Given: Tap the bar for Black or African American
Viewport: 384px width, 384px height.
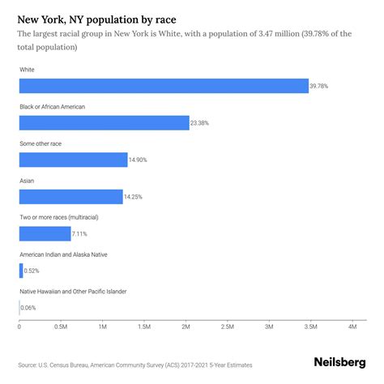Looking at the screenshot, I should point(104,122).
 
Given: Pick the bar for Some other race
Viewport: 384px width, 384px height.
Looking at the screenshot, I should point(73,160).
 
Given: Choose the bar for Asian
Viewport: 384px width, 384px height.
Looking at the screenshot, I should point(70,196).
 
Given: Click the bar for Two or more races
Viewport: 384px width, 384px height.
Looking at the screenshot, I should point(45,233).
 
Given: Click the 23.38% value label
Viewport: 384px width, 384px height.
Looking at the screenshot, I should point(201,123).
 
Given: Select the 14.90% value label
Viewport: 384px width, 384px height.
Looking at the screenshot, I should point(139,160).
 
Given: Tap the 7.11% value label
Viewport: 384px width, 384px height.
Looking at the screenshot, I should point(81,234).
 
